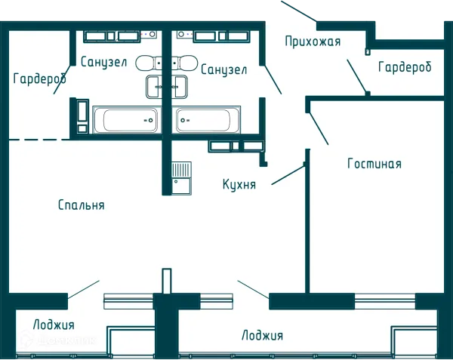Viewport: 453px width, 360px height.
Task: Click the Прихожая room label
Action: [x=313, y=42]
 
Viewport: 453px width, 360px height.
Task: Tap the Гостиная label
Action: [x=374, y=164]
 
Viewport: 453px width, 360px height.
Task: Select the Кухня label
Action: [x=239, y=184]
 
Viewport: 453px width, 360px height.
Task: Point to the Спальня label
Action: [x=82, y=205]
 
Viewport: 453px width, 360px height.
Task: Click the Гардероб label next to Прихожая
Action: [x=405, y=67]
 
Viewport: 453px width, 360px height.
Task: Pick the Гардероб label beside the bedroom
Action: [x=40, y=78]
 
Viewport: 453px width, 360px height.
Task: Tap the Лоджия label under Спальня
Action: [x=54, y=325]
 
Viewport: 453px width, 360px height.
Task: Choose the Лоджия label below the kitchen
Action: [x=262, y=335]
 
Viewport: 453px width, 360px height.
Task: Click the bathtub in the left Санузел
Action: [x=127, y=120]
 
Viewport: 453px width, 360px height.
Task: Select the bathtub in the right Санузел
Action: [x=206, y=120]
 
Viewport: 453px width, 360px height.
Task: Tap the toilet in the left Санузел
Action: [x=149, y=63]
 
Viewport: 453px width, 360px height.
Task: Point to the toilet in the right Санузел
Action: [x=185, y=63]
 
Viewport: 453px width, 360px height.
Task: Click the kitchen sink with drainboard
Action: [x=181, y=178]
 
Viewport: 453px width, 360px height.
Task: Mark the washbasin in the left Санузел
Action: [x=154, y=87]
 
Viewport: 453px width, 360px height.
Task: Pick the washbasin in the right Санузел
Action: [x=180, y=87]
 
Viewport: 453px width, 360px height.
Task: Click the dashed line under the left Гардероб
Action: [x=39, y=140]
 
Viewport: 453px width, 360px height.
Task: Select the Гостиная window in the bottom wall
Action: [x=385, y=301]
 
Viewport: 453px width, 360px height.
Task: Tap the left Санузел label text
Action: [x=103, y=62]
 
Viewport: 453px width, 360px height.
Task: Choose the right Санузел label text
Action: [x=224, y=69]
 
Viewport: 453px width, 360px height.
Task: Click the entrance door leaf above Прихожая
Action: [x=299, y=11]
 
